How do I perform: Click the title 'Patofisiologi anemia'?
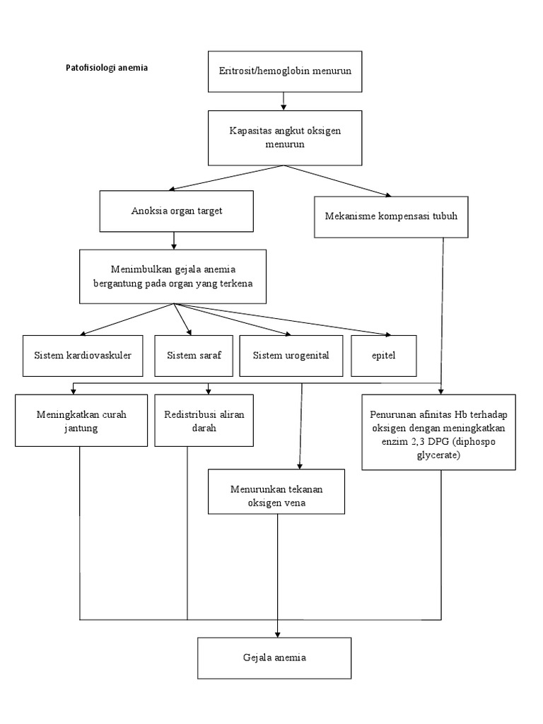pyautogui.click(x=107, y=69)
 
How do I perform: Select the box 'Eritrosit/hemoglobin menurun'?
pyautogui.click(x=283, y=71)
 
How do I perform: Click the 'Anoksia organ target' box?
pyautogui.click(x=177, y=211)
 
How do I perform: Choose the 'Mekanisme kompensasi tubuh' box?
pyautogui.click(x=391, y=216)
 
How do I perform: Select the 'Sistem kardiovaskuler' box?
pyautogui.click(x=83, y=354)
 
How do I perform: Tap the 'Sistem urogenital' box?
pyautogui.click(x=291, y=354)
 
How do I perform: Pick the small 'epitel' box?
pyautogui.click(x=384, y=354)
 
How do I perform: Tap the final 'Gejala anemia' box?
pyautogui.click(x=274, y=658)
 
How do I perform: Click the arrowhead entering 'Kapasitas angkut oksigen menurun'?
pyautogui.click(x=284, y=107)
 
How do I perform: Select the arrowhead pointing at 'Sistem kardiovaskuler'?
pyautogui.click(x=83, y=333)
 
